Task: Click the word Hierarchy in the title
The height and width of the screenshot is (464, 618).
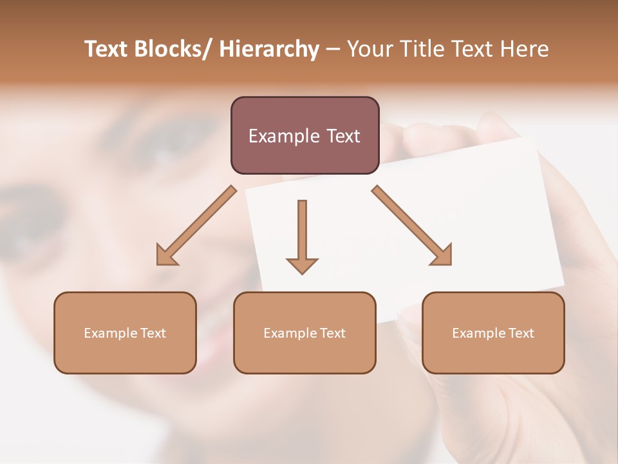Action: point(269,49)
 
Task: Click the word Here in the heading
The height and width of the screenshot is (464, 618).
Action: point(524,49)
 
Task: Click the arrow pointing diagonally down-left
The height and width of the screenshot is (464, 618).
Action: point(196,226)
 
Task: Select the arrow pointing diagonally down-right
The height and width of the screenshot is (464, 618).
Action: point(412,226)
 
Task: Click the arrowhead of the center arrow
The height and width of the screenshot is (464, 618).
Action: point(302,265)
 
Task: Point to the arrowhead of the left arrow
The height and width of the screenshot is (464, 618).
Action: point(165,256)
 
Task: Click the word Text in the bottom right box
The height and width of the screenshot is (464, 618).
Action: point(521,333)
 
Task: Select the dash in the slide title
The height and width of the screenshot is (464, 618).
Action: point(333,50)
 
